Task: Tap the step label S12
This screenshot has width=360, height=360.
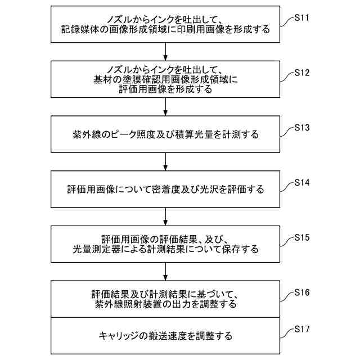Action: [x=302, y=73]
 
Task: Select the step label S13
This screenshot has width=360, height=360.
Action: [x=302, y=128]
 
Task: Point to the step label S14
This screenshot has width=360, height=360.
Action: [x=302, y=183]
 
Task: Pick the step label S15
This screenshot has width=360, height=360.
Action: [x=302, y=238]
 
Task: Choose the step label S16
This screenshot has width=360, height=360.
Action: [x=302, y=293]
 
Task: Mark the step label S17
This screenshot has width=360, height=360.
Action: [x=302, y=328]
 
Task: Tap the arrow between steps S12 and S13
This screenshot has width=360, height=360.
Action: [x=165, y=106]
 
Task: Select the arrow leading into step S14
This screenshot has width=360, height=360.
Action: [x=165, y=161]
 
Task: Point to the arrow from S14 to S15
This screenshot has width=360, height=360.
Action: [x=165, y=217]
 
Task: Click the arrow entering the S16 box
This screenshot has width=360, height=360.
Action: [x=165, y=272]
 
